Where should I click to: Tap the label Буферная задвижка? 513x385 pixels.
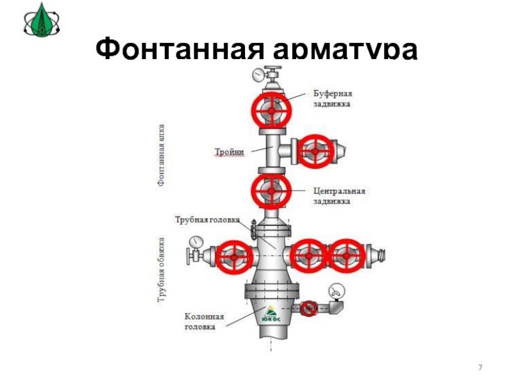pyautogui.click(x=332, y=98)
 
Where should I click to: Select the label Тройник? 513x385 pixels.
pyautogui.click(x=228, y=151)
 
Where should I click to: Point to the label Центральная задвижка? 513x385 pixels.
pyautogui.click(x=339, y=196)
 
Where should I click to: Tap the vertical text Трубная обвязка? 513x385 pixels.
pyautogui.click(x=162, y=269)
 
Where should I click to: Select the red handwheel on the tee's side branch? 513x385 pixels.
pyautogui.click(x=317, y=151)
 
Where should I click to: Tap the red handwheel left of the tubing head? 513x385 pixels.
pyautogui.click(x=233, y=257)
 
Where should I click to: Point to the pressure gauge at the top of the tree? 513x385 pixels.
pyautogui.click(x=258, y=74)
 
